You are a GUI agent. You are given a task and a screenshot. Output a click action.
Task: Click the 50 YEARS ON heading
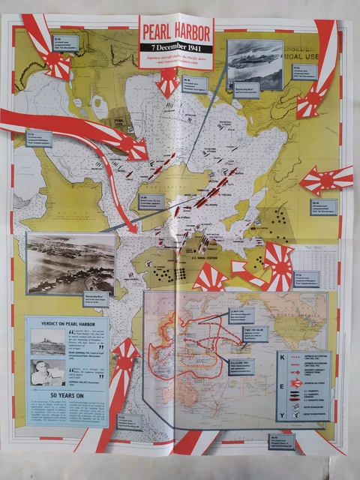coord(67,394)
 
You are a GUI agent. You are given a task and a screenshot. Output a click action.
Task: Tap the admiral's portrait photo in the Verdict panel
coord(46,371)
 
